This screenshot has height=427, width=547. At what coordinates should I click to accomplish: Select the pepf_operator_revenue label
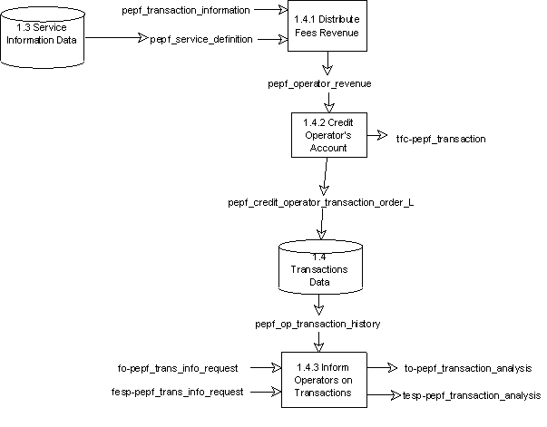click(319, 83)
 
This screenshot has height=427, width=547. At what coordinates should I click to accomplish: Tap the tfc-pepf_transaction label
click(441, 139)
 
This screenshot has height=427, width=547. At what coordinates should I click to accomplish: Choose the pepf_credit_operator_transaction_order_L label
click(321, 203)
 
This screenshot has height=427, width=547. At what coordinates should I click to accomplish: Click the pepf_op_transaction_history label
click(317, 324)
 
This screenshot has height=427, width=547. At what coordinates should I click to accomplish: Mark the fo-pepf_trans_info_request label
click(179, 369)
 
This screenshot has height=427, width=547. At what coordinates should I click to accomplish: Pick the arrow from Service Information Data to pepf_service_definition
click(118, 39)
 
